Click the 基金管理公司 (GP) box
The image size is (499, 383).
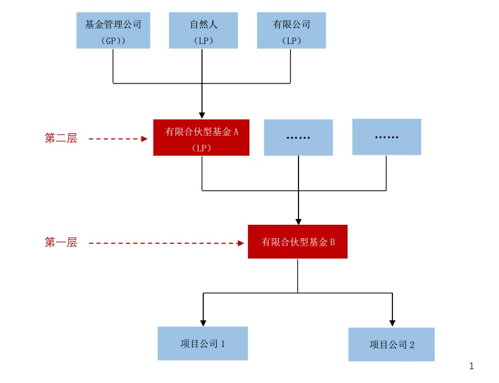[113, 31]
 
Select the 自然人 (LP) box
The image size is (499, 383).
[203, 31]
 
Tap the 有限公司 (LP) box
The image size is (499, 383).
[291, 31]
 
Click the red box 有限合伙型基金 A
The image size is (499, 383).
[201, 138]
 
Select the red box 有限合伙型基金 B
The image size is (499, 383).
[297, 242]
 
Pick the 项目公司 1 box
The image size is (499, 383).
[202, 344]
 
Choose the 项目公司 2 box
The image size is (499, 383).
[391, 344]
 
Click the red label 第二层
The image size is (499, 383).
[61, 138]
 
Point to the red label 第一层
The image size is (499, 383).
[61, 243]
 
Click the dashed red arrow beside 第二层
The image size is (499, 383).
[119, 138]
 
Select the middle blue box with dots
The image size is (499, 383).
[298, 138]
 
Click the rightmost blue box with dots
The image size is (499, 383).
[387, 137]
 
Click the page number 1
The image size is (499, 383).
[472, 366]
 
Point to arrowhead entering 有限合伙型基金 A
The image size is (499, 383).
[202, 115]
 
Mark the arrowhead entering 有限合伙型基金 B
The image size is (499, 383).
[298, 221]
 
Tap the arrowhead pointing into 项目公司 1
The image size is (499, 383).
[203, 322]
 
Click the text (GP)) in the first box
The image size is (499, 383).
[113, 40]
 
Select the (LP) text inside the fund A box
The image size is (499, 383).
[201, 147]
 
